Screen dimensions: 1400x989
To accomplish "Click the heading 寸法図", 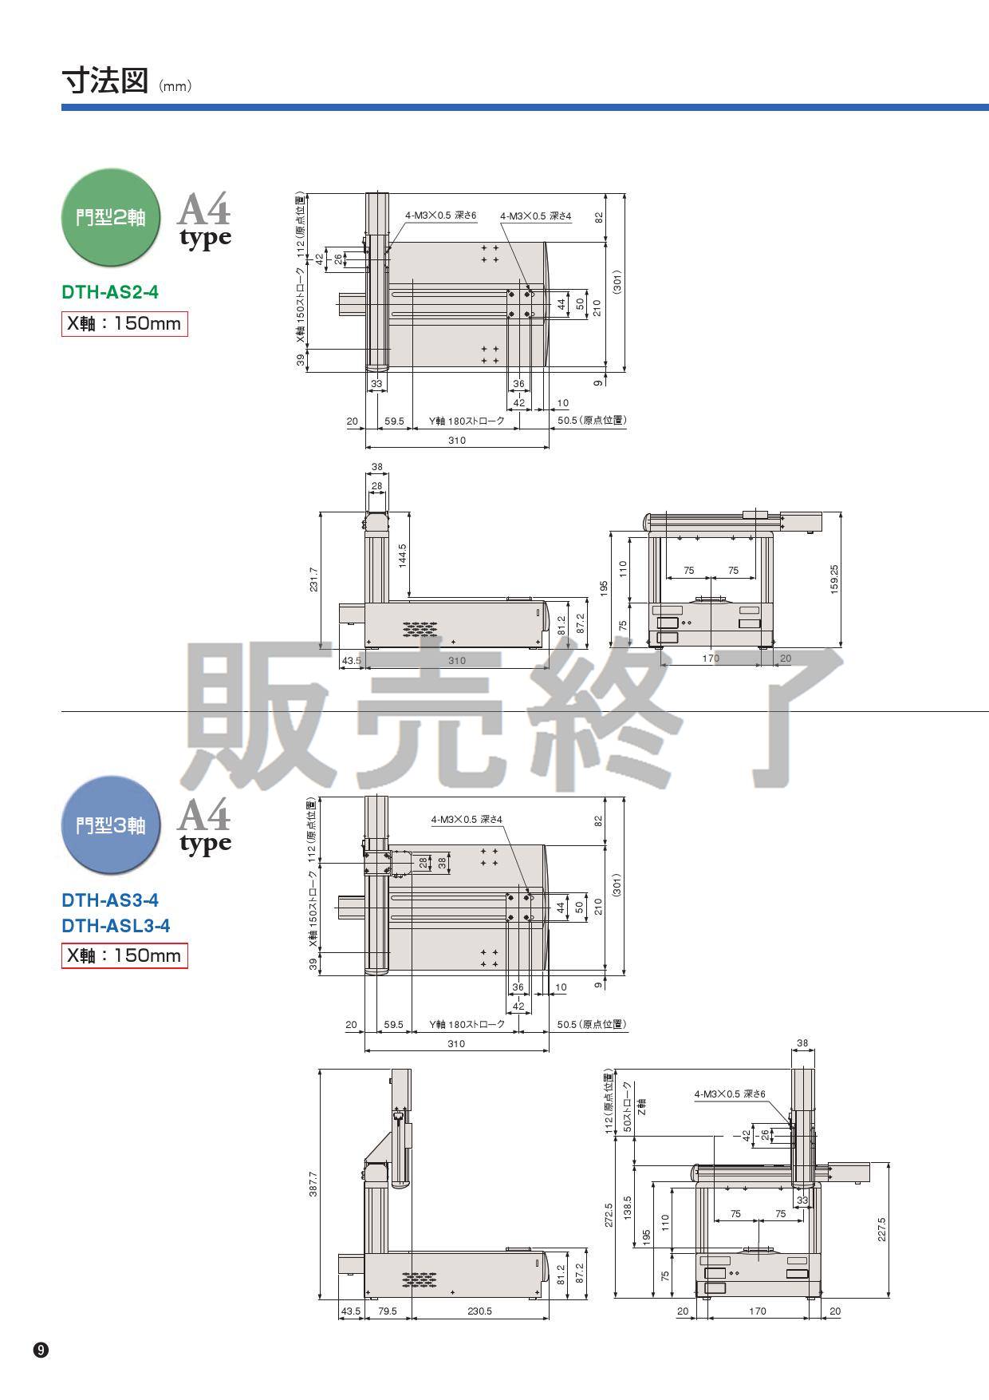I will (104, 81).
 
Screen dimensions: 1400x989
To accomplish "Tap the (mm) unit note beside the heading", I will (175, 86).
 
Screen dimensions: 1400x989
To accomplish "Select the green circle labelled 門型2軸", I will (111, 217).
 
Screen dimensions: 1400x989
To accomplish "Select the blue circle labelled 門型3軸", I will (111, 825).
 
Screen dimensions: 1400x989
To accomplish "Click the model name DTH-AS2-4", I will (110, 292).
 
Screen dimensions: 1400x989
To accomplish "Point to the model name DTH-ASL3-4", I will (116, 926).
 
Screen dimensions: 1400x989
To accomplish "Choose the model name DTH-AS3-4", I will (110, 900).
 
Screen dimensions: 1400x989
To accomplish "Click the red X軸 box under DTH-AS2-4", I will (124, 323).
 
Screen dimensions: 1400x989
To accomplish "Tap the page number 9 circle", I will (41, 1351).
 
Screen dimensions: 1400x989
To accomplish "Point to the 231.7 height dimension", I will (313, 579).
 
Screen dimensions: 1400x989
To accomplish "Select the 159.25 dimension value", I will (834, 579).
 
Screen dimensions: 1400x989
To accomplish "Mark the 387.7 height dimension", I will (313, 1184).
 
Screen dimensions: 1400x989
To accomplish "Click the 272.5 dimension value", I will (609, 1215).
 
